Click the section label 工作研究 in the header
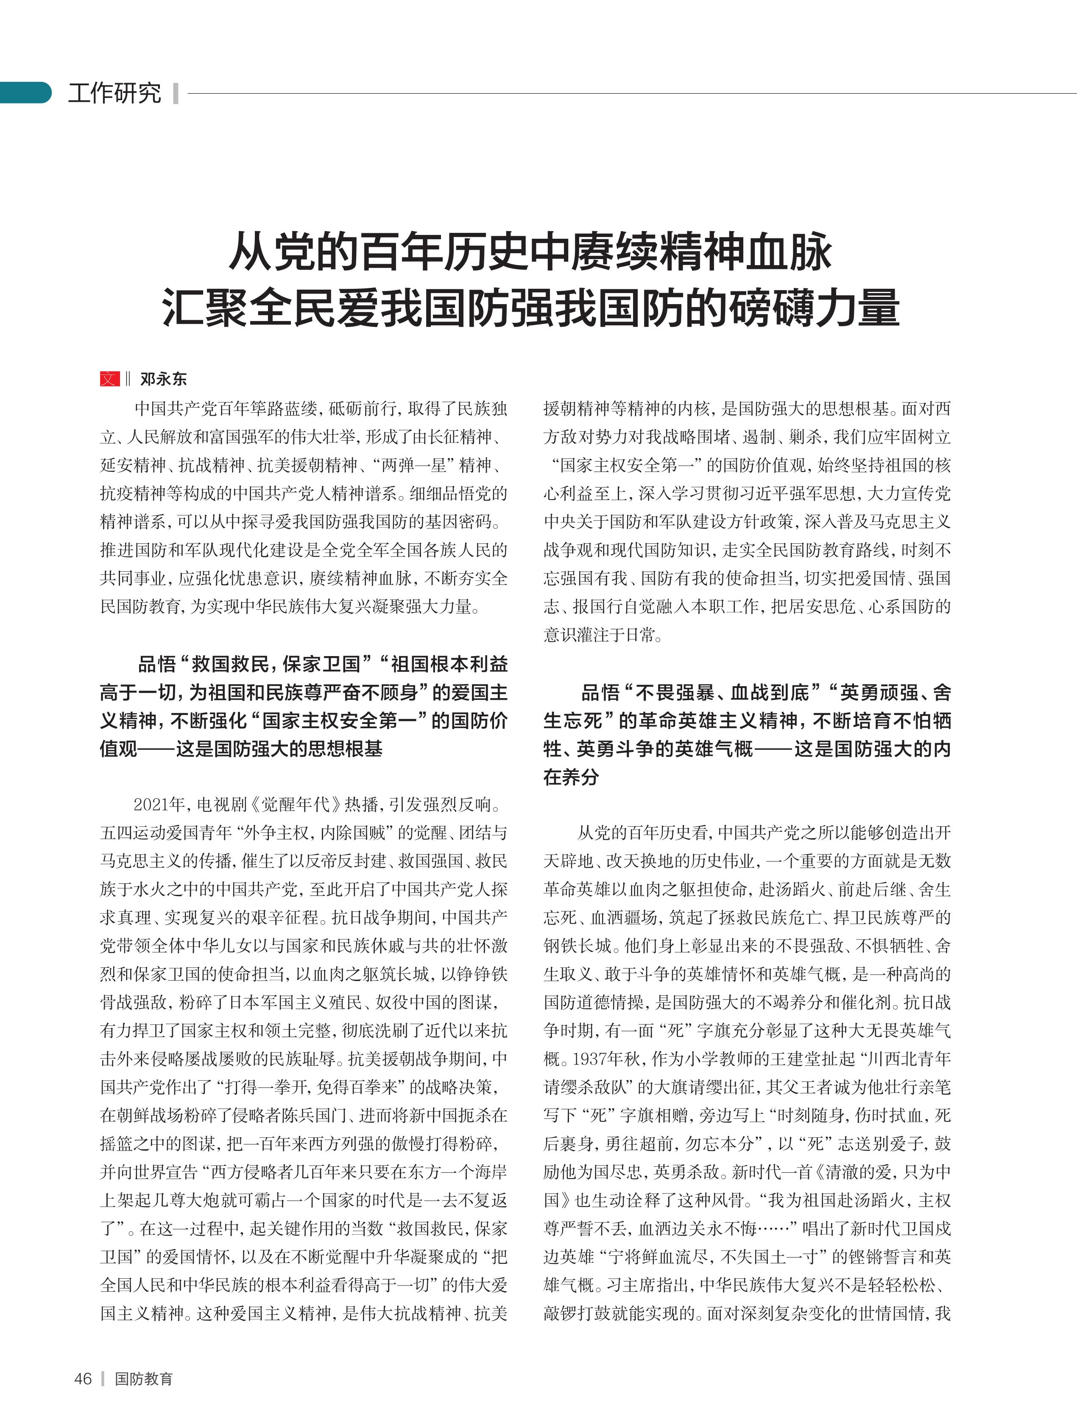tap(115, 93)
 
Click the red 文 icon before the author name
tap(110, 379)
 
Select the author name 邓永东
tap(163, 380)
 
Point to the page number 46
tap(83, 1378)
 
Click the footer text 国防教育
tap(143, 1378)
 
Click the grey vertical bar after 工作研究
tap(176, 93)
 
